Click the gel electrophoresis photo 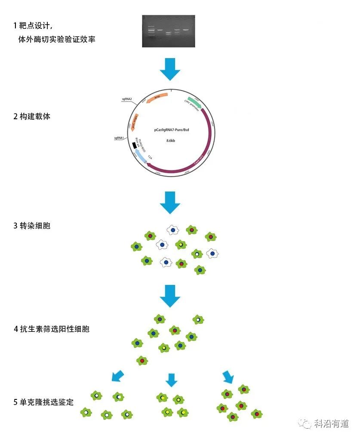coord(169,31)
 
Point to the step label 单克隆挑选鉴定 coord(43,402)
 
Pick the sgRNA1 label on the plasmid coord(119,138)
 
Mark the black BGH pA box coord(135,145)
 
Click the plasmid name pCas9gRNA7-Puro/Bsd coord(172,129)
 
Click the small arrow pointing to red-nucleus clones coord(228,377)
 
